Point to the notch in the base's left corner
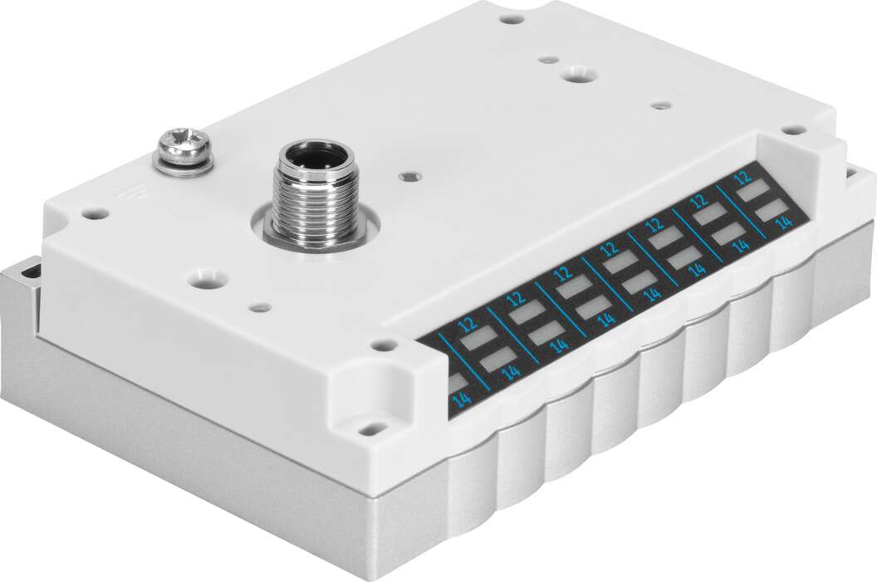click(30, 270)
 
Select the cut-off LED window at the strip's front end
click(456, 382)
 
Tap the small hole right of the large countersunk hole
click(660, 106)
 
